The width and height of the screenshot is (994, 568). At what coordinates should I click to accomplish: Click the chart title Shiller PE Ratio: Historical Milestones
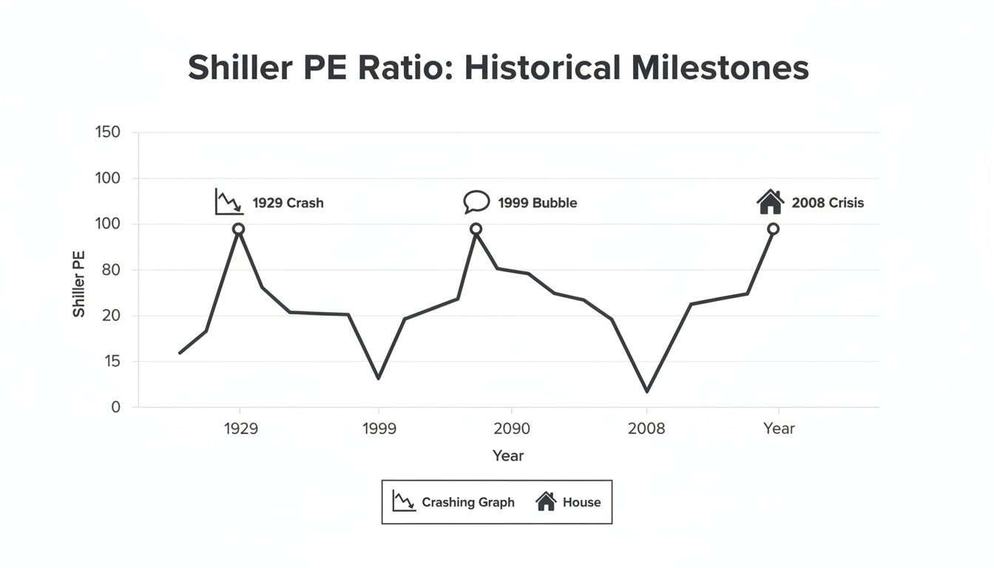point(498,68)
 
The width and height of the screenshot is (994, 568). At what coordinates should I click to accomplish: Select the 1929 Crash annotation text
point(288,203)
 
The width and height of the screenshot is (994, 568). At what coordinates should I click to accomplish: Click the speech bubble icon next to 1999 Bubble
point(476,201)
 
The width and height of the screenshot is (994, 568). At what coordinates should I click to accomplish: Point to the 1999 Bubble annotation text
point(537,203)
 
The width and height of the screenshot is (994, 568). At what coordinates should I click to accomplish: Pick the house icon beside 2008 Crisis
point(770,201)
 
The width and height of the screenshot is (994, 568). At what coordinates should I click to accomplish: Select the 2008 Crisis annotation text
point(827,203)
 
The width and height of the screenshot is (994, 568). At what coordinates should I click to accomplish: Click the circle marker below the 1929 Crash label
point(238,229)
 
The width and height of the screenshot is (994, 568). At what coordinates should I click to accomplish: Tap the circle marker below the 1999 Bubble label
point(476,229)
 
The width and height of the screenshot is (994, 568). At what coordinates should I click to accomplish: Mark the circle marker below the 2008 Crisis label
point(773,229)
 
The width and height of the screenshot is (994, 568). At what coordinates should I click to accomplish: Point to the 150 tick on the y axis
point(107,133)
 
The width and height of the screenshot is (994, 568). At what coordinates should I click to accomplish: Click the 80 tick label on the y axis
point(110,270)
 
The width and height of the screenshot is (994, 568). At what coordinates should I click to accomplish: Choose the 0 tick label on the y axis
point(115,408)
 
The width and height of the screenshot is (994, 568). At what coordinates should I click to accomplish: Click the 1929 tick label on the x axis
point(240,429)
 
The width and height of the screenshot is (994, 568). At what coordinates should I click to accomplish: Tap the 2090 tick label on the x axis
point(511,429)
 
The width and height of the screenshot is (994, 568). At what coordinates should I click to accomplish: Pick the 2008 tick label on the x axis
point(646,429)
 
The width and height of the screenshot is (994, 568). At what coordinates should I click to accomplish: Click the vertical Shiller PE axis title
point(79,285)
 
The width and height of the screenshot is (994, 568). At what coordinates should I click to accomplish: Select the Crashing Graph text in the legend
point(467,502)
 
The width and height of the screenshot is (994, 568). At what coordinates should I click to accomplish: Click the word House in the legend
point(581,502)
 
